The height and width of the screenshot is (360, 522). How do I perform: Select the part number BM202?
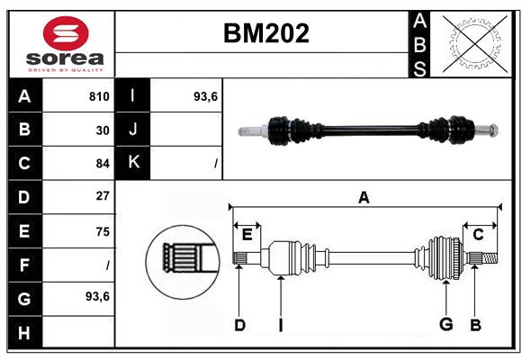tap(265, 34)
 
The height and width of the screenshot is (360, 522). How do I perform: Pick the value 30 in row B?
tap(103, 130)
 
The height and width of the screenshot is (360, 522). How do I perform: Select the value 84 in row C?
tap(103, 164)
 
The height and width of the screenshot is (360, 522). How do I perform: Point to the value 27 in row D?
tap(103, 196)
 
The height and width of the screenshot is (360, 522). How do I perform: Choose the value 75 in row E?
tap(103, 231)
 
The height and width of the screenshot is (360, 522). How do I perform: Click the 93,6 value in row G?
tap(97, 296)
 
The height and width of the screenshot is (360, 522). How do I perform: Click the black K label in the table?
tap(133, 163)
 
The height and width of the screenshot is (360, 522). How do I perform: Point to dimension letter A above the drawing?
tap(364, 198)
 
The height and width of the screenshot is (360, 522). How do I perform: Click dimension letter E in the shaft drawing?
tap(247, 235)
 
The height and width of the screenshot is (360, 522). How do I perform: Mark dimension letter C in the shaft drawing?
tap(479, 235)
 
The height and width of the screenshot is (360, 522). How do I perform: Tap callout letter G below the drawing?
tap(445, 325)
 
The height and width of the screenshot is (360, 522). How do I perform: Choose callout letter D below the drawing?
tap(239, 325)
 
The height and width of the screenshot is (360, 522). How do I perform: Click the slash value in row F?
tap(107, 265)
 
